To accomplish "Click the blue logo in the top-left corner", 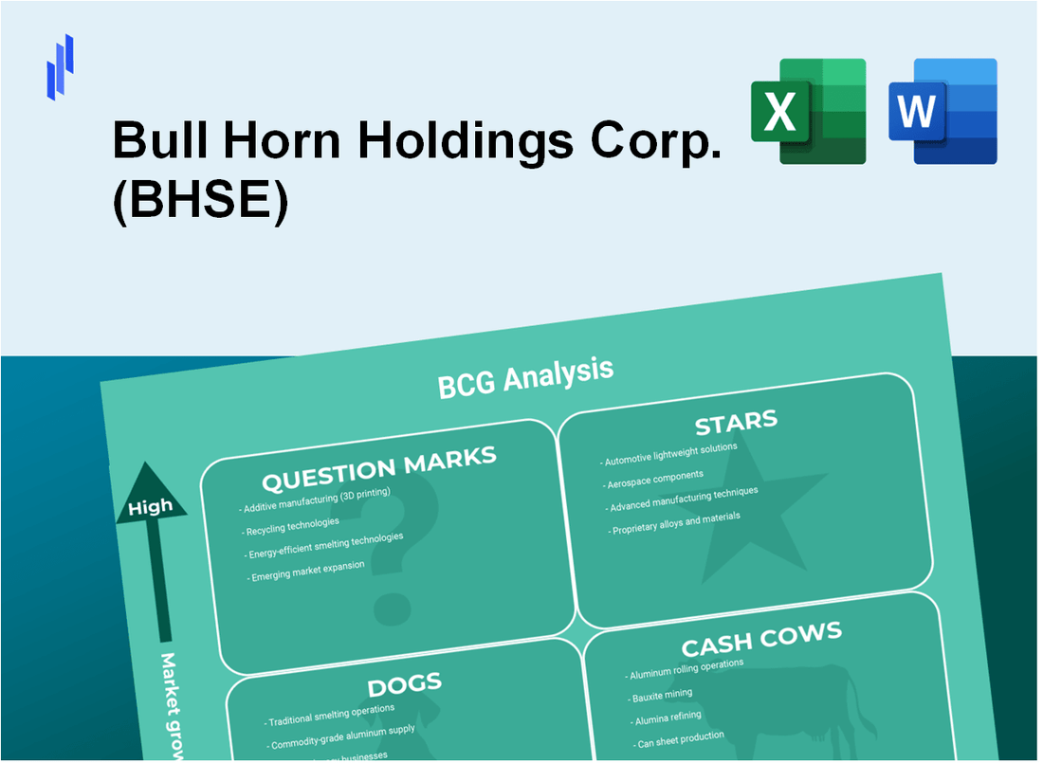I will click(60, 66).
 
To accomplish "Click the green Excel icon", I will click(808, 111).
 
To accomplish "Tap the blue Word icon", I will click(943, 111).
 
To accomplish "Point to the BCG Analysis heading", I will click(525, 376).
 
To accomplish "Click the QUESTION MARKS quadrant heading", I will click(379, 468).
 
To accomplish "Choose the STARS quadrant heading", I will click(736, 421).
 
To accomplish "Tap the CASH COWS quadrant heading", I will click(760, 640).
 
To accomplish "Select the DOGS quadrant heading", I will click(404, 685).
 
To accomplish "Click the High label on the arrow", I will click(151, 506).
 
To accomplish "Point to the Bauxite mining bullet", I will click(665, 696).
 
